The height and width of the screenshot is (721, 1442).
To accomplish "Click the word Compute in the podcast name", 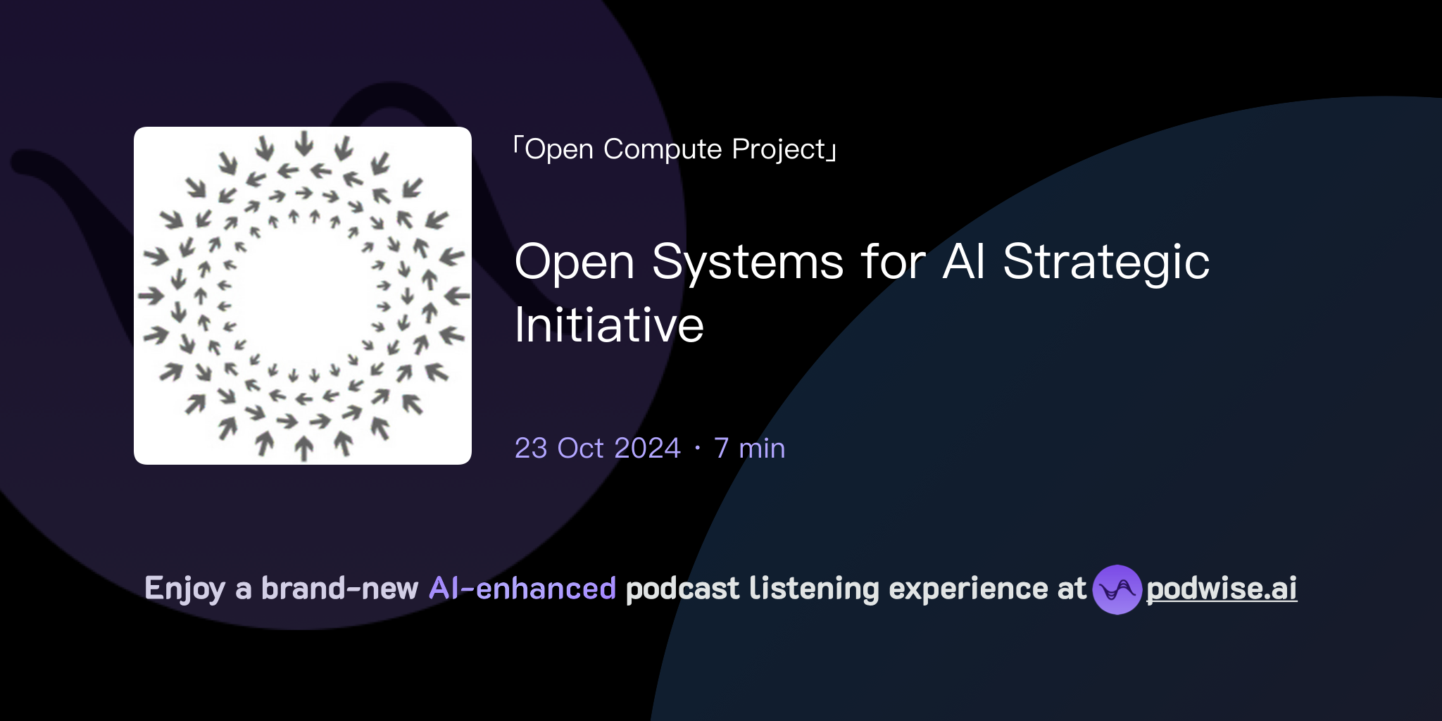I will [x=663, y=149].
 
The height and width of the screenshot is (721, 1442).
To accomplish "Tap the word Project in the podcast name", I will [x=778, y=149].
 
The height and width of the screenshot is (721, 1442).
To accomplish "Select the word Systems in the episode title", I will [x=747, y=262].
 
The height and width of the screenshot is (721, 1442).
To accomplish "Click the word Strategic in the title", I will [x=1106, y=262].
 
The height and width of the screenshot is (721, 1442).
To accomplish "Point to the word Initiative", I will [x=609, y=325].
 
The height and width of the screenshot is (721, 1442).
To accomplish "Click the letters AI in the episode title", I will [x=964, y=262].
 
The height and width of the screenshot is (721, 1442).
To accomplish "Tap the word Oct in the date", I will [x=580, y=449].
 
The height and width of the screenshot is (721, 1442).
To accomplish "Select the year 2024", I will [x=646, y=449].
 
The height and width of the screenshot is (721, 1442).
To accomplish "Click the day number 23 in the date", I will [x=531, y=449].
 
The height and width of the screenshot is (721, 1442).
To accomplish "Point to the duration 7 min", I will [x=749, y=449].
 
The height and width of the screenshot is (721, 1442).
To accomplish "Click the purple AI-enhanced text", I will [x=522, y=589].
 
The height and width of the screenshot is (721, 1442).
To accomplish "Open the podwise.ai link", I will [x=1222, y=589].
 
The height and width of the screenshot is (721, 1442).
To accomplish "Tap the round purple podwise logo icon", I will [x=1117, y=589].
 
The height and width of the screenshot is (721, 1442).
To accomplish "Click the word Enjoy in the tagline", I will [x=184, y=589].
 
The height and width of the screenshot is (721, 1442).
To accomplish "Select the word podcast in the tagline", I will [x=682, y=589].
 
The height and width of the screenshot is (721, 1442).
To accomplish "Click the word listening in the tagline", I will [x=814, y=589].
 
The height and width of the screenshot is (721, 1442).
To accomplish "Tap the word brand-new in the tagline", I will [x=339, y=589].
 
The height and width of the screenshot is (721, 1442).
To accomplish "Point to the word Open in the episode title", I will [x=575, y=262].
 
